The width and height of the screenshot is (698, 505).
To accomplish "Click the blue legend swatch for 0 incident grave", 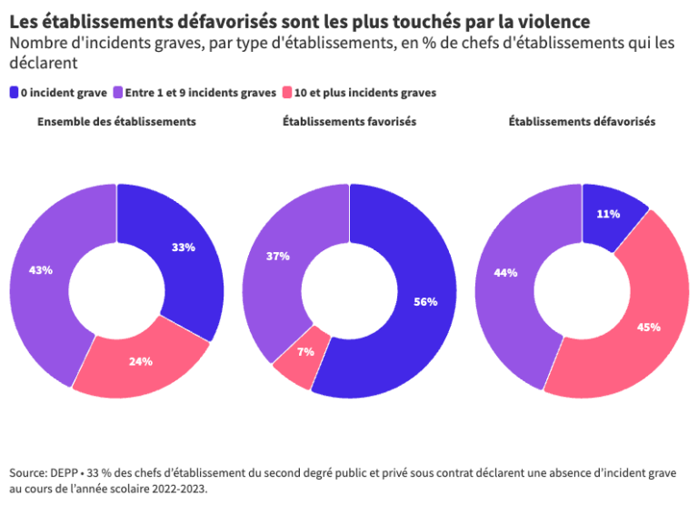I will click(x=14, y=92).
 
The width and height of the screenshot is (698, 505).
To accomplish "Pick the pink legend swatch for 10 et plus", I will click(x=288, y=92).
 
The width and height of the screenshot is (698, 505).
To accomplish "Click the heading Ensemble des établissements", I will click(x=116, y=121).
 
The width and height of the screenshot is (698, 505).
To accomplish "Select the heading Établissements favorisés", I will click(x=349, y=121).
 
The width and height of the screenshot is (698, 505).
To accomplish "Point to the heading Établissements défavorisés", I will click(x=582, y=121).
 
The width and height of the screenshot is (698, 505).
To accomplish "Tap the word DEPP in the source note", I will click(x=66, y=472).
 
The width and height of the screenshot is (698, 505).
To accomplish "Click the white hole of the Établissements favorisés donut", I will click(x=350, y=291).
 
